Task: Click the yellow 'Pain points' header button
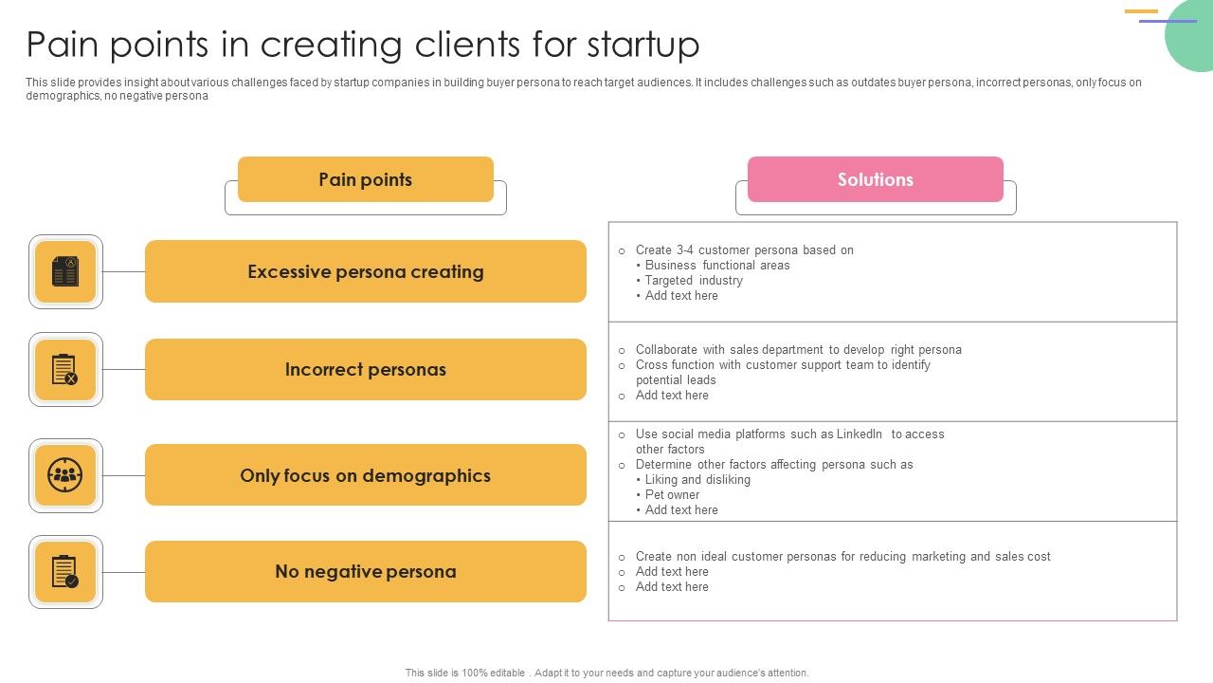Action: (x=365, y=179)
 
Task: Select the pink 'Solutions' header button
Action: (x=875, y=179)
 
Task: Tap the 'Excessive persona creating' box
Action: (x=365, y=271)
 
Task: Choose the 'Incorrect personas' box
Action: (x=365, y=369)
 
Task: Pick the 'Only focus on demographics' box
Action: (x=365, y=475)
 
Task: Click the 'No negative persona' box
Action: (x=365, y=571)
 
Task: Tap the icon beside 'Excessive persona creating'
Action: (x=65, y=272)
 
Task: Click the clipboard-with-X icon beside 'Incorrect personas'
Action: (x=65, y=369)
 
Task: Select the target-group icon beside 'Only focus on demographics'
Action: (x=65, y=475)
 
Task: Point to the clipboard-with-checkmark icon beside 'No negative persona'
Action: (x=65, y=572)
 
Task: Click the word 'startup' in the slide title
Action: (x=643, y=45)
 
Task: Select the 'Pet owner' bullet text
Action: (x=672, y=495)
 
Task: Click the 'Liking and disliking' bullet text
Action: (x=697, y=480)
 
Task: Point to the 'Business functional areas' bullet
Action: (x=716, y=266)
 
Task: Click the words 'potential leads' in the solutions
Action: (x=676, y=380)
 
